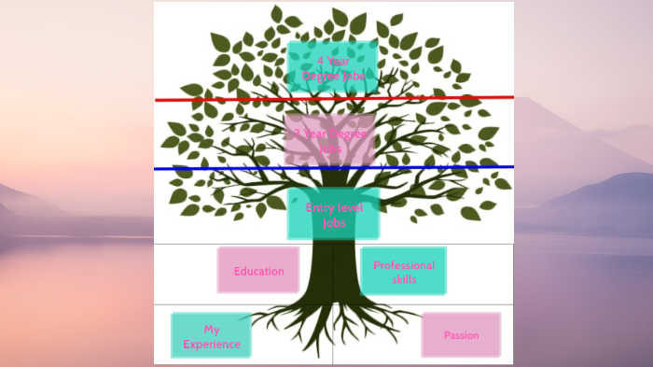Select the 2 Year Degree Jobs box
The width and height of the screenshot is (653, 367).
coord(329,140)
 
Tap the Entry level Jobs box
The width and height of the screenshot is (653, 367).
coord(333,214)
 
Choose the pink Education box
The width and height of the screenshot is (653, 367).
coord(258,270)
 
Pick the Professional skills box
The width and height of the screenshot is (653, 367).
coord(403,271)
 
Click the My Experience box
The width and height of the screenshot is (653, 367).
coord(211,336)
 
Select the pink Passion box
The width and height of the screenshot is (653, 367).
coord(461,335)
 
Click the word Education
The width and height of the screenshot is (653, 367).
coord(258,271)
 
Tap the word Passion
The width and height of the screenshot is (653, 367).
coord(461,335)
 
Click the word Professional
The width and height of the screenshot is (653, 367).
coord(404,265)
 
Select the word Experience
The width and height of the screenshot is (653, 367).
coord(212,345)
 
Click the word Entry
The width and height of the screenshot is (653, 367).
coord(320,207)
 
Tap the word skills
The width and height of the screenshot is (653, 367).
coord(404,279)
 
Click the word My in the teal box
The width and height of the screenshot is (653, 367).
coord(212,330)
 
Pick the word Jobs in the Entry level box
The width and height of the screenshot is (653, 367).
coord(334,223)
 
